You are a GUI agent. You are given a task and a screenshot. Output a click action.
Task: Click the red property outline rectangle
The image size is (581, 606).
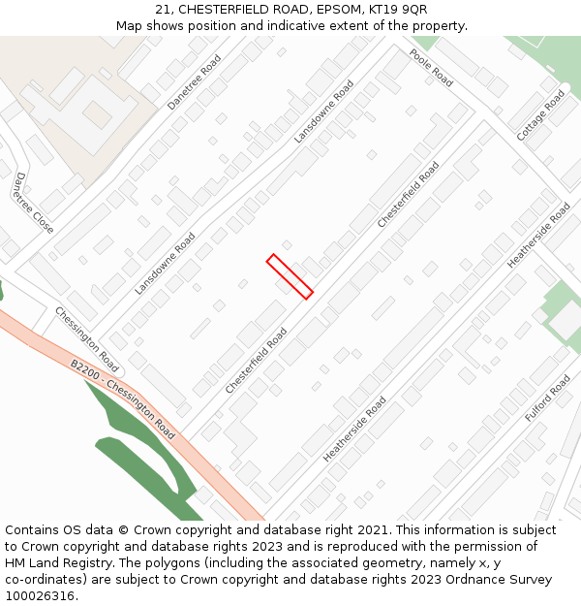coord(290,276)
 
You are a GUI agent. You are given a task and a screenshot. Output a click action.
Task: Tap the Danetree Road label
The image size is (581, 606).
coord(194,81)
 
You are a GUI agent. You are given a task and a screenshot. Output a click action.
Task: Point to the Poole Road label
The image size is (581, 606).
coord(431,68)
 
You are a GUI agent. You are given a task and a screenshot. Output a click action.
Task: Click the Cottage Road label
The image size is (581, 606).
coord(540,115)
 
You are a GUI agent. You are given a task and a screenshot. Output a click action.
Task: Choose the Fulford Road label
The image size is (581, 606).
coord(548,399)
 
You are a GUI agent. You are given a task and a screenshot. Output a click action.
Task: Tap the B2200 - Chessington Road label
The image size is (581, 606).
coord(122,399)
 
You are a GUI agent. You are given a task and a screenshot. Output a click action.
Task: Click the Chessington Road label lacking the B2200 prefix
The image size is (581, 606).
coord(86,340)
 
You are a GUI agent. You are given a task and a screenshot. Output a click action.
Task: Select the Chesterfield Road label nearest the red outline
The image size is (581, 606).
coord(257,360)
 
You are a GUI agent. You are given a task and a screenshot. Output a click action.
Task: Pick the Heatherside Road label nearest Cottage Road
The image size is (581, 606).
coord(538,236)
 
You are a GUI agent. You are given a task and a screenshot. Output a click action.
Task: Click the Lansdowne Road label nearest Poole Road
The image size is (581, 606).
coord(324,112)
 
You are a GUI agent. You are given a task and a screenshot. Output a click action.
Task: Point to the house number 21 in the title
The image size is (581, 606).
coord(162,10)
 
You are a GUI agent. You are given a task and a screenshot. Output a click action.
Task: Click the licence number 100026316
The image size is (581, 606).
coord(39,595)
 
